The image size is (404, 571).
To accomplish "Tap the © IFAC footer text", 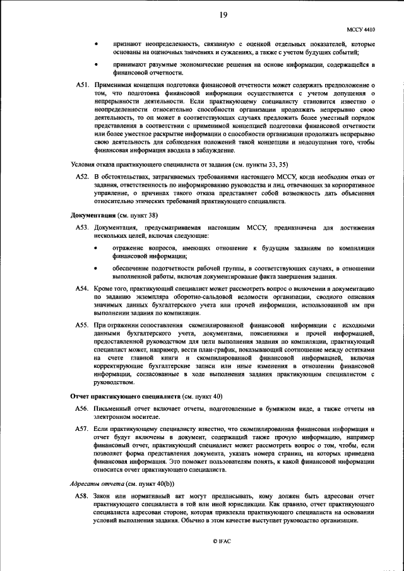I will (223, 542).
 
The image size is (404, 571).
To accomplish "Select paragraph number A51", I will (83, 85).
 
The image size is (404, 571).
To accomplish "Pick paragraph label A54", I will (83, 288).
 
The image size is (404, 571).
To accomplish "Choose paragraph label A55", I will (83, 325).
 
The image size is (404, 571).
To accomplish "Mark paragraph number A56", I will (83, 409).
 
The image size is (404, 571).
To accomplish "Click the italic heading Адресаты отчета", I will (95, 484).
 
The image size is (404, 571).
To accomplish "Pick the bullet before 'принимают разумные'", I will (95, 65).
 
